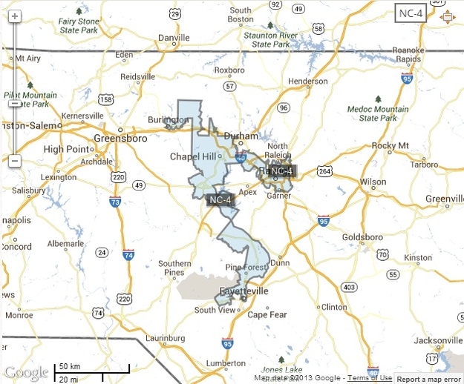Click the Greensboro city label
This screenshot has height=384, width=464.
click(x=123, y=138)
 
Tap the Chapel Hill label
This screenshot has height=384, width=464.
click(x=192, y=156)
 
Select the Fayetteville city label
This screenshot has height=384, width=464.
click(x=241, y=292)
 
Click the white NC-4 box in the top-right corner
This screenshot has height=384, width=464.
click(x=409, y=13)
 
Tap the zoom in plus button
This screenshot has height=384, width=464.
click(x=15, y=16)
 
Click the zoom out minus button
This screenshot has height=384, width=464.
click(x=15, y=161)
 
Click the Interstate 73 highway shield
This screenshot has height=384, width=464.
click(x=114, y=202)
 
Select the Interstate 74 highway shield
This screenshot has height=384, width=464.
click(x=128, y=255)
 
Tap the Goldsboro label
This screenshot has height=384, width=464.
click(x=362, y=238)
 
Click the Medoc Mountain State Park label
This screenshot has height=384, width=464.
click(x=378, y=113)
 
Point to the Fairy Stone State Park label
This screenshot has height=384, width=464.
click(x=79, y=26)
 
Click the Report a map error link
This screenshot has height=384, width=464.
click(x=429, y=379)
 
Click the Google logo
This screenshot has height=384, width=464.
click(x=26, y=372)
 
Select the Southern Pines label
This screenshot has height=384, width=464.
click(x=174, y=268)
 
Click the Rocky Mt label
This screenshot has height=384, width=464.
click(x=393, y=145)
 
